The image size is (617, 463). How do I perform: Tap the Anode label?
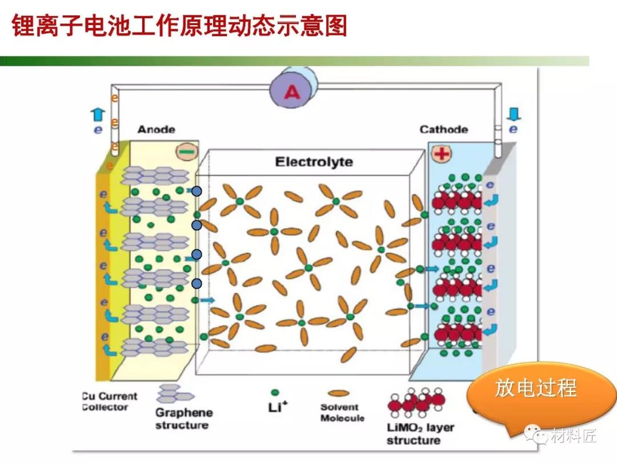point(156,130)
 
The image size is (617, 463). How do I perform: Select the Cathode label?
point(443,130)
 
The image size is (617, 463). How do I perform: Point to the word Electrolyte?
point(314,162)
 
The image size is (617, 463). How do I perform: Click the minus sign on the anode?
point(185,152)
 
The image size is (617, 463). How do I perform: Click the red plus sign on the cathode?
point(441,153)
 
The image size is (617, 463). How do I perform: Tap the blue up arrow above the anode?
point(98,114)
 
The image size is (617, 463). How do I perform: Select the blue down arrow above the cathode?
point(512,114)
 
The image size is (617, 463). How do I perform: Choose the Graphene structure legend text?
point(183,418)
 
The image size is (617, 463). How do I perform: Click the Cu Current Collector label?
point(110,402)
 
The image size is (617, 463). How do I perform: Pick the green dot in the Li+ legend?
point(275,392)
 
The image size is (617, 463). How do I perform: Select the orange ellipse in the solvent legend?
point(340,393)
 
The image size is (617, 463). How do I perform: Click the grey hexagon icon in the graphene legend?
point(175,394)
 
